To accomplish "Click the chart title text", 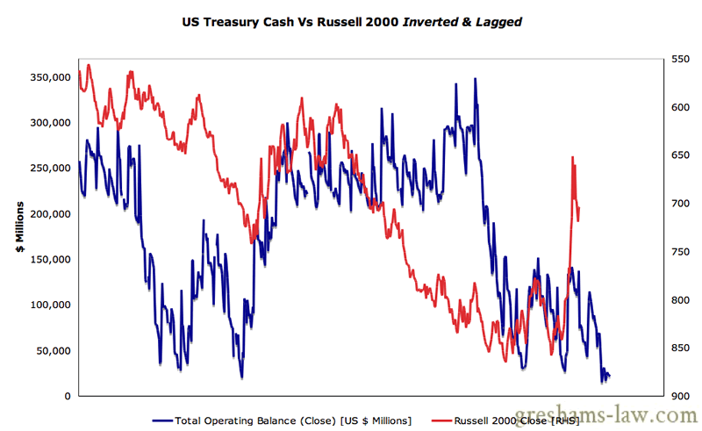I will [x=351, y=21].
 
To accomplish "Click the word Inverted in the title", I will [x=434, y=21].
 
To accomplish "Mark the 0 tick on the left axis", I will [x=68, y=397].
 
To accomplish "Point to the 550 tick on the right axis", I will [x=681, y=59].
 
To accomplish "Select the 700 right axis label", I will [x=681, y=204].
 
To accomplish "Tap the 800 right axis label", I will [x=681, y=300].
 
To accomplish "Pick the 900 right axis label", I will [x=681, y=397].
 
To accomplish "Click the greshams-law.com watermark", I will [x=613, y=413].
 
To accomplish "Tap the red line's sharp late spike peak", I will [x=572, y=158].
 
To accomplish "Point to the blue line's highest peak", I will [x=475, y=79].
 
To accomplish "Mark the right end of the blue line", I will [x=609, y=376].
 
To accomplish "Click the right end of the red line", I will [x=579, y=219].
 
